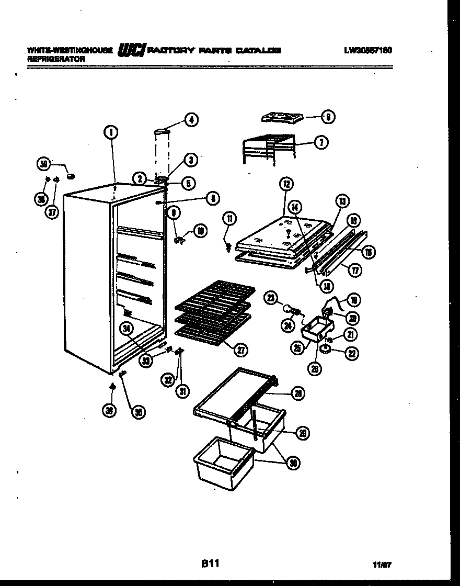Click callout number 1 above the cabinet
pos(111,133)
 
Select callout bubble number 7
pos(321,142)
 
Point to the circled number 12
pos(286,184)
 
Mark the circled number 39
pos(44,164)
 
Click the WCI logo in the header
pos(132,50)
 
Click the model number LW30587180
pos(368,50)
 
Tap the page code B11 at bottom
pos(210,564)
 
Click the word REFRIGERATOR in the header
pos(56,59)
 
